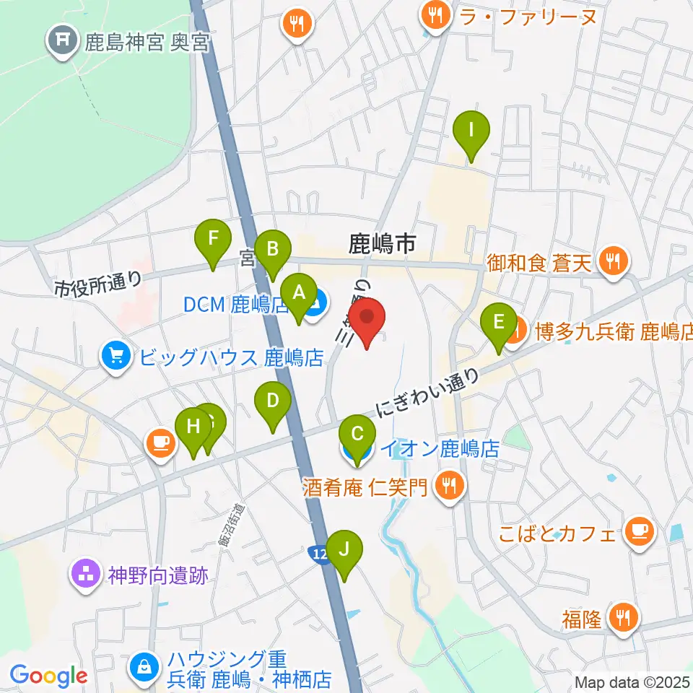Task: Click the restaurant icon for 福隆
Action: [621, 618]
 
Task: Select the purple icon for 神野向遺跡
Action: [86, 575]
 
